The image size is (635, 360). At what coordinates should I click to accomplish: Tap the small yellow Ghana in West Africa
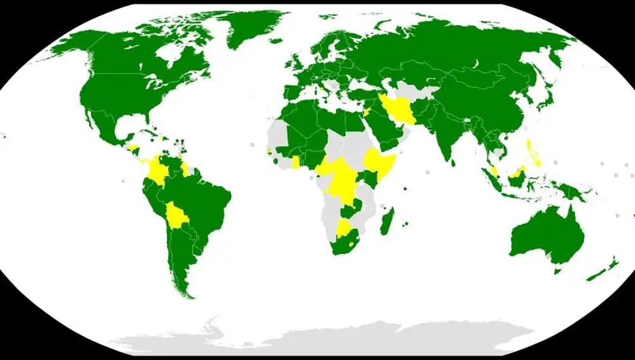coord(295,162)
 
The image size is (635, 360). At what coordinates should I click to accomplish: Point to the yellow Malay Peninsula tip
coord(494,171)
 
